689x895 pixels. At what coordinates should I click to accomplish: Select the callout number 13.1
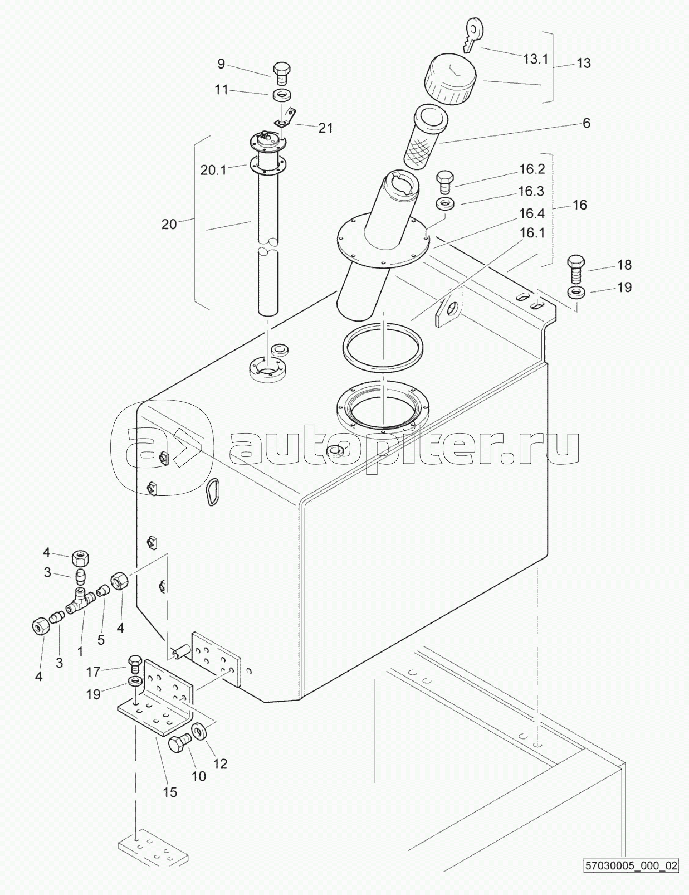pyautogui.click(x=535, y=59)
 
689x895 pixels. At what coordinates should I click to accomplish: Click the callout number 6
pyautogui.click(x=586, y=123)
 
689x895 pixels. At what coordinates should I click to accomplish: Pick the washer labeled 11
pyautogui.click(x=282, y=95)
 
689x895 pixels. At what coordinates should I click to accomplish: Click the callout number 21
pyautogui.click(x=325, y=128)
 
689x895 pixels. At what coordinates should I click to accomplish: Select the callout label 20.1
pyautogui.click(x=213, y=171)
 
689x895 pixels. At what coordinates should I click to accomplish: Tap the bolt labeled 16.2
pyautogui.click(x=445, y=179)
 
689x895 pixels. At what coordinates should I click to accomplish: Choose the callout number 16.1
pyautogui.click(x=531, y=233)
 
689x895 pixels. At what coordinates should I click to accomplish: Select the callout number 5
pyautogui.click(x=101, y=640)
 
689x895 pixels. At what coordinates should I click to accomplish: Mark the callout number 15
pyautogui.click(x=169, y=792)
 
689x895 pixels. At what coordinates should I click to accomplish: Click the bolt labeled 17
pyautogui.click(x=135, y=663)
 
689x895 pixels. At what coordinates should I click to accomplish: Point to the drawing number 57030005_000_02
pyautogui.click(x=631, y=881)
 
